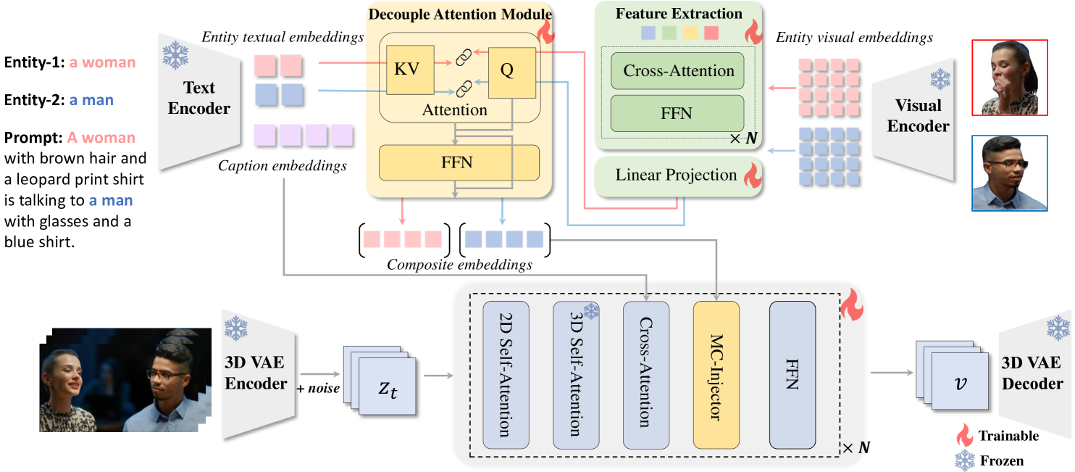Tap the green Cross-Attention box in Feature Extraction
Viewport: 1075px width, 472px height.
coord(678,71)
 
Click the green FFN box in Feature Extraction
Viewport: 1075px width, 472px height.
coord(678,113)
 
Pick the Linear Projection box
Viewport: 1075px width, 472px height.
coord(675,175)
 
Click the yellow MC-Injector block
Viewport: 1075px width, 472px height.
coord(716,375)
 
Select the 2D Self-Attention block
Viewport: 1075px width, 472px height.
coord(506,375)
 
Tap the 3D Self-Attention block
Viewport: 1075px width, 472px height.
coord(576,375)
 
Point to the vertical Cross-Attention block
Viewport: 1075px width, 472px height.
coord(646,375)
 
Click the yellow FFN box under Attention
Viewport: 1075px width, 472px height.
coord(459,162)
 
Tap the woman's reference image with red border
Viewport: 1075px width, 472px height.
coord(1009,78)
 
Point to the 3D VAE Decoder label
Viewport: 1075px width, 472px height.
coord(1032,373)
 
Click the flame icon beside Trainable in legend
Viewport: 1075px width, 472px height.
coord(964,436)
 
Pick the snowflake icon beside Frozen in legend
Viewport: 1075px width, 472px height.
coord(964,459)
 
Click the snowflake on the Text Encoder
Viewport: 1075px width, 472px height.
coord(175,54)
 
